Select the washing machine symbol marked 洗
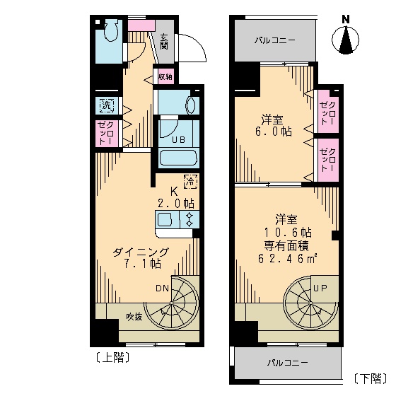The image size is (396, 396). coord(107,106)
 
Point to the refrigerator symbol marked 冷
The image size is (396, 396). coord(190,181)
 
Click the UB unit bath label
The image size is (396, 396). coord(178,139)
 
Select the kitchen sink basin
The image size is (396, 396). coord(164,220)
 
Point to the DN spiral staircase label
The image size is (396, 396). coord(162,288)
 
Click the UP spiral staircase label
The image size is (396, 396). coord(320,289)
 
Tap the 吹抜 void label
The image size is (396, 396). coord(134,316)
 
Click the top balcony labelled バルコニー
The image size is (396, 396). coord(276,40)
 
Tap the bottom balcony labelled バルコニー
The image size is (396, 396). coord(286,363)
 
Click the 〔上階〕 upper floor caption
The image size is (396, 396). coord(111,357)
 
